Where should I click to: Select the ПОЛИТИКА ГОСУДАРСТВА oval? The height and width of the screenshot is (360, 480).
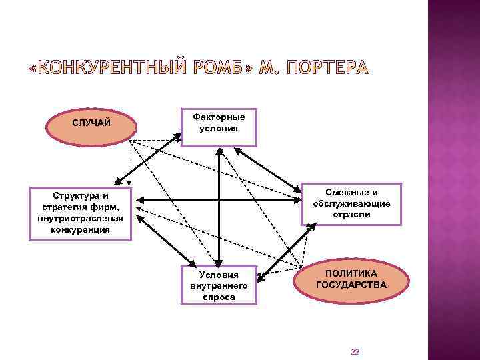351,279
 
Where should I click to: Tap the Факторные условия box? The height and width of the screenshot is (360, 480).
218,123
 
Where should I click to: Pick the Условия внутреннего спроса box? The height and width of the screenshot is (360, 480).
218,285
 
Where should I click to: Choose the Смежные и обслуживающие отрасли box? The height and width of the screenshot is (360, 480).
351,204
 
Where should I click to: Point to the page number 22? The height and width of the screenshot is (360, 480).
355,352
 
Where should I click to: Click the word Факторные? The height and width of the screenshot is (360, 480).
218,117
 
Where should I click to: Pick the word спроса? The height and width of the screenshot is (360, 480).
218,297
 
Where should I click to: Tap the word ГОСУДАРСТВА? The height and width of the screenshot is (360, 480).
351,285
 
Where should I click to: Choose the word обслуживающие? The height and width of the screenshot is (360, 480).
351,204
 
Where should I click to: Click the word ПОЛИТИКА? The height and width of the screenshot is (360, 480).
351,273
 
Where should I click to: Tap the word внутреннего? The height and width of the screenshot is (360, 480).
218,285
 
